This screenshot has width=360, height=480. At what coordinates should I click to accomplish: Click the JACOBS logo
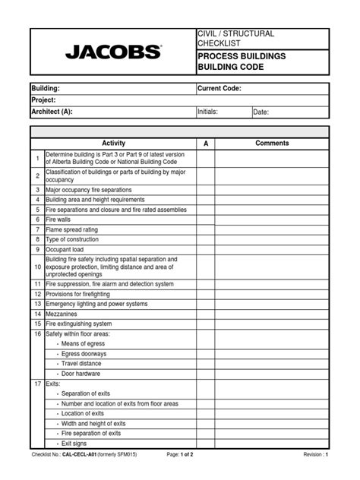point(113,52)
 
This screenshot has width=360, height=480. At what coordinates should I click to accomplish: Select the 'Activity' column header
point(113,144)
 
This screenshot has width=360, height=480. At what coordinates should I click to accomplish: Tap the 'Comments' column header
point(272,144)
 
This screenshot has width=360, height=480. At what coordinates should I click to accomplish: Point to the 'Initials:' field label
point(208,112)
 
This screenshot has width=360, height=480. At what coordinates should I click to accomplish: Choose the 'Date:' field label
point(261,112)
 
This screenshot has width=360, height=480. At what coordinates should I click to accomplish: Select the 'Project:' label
point(45,100)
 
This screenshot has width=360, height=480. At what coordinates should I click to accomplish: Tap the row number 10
point(37,267)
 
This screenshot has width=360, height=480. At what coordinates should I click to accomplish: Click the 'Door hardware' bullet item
point(81,373)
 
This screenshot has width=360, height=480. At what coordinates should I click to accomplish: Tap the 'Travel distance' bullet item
point(83,363)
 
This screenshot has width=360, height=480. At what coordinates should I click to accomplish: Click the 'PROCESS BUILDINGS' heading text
point(241,56)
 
